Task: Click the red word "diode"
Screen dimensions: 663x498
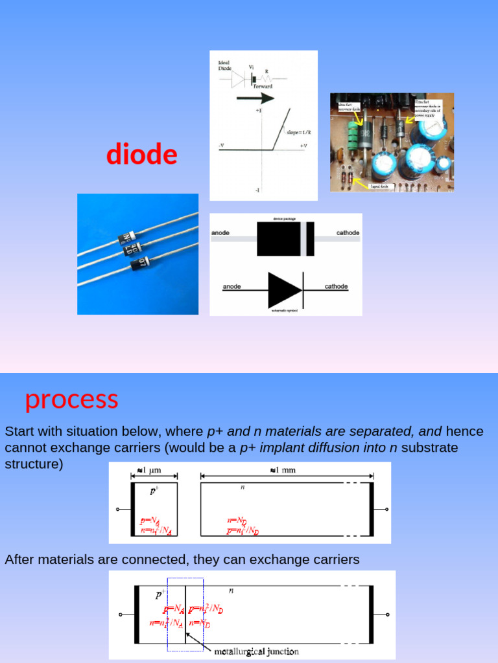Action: pos(141,155)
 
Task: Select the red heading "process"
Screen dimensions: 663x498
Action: pos(71,399)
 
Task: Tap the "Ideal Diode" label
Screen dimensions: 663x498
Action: pos(224,65)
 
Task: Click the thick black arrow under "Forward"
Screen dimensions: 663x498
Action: pos(255,98)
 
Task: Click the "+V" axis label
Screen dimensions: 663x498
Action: pos(303,146)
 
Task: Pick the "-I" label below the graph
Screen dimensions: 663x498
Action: pos(257,190)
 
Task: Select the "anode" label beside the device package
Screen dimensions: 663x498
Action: pos(220,232)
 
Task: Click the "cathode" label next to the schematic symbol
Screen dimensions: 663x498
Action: pos(336,286)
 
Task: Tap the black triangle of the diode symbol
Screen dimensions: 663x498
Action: pos(283,290)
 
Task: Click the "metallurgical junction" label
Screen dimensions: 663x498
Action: pos(257,651)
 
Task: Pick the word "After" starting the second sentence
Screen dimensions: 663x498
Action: pos(20,559)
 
